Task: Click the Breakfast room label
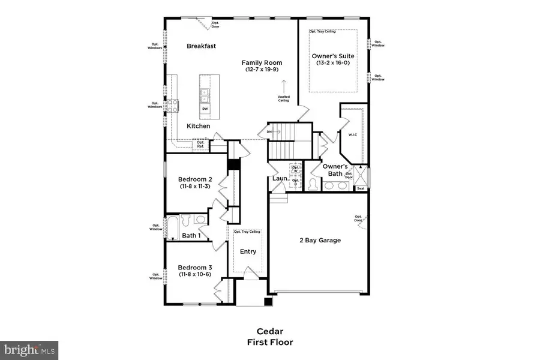pyautogui.click(x=201, y=46)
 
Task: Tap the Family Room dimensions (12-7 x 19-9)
pyautogui.click(x=262, y=70)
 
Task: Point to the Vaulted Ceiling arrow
pyautogui.click(x=284, y=85)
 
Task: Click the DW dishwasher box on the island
pyautogui.click(x=205, y=109)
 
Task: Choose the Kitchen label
pyautogui.click(x=198, y=126)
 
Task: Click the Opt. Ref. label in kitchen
pyautogui.click(x=200, y=144)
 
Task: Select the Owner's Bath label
pyautogui.click(x=335, y=170)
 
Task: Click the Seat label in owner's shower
pyautogui.click(x=361, y=188)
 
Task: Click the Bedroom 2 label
pyautogui.click(x=195, y=179)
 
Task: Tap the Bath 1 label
pyautogui.click(x=191, y=236)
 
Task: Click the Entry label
pyautogui.click(x=248, y=251)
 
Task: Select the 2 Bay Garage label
pyautogui.click(x=320, y=240)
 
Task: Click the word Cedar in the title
pyautogui.click(x=269, y=331)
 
